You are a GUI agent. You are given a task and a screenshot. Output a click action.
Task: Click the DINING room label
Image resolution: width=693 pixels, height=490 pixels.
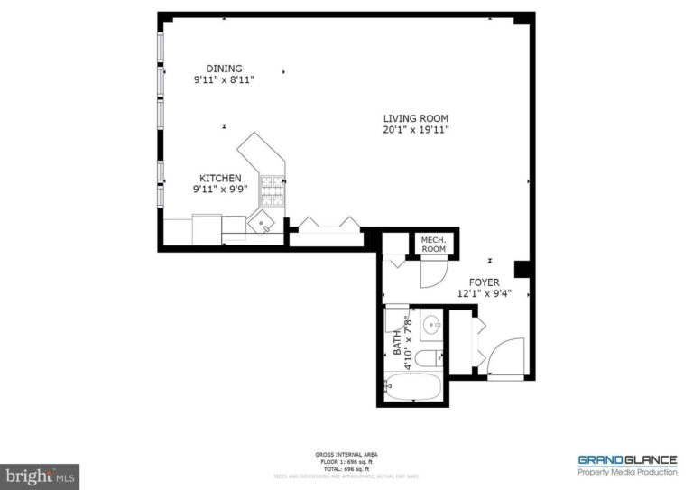click(x=224, y=69)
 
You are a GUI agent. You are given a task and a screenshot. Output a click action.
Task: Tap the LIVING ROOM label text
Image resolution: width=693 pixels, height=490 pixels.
click(x=415, y=118)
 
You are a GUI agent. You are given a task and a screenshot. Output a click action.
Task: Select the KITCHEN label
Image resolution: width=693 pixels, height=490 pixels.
click(x=220, y=179)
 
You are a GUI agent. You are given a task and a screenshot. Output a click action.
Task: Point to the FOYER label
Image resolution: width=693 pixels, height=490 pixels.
click(x=484, y=282)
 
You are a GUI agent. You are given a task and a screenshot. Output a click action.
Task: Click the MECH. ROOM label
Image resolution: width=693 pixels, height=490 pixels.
click(x=434, y=244)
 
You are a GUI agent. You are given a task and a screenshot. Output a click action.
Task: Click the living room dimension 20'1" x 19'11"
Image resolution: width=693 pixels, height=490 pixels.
click(x=415, y=130)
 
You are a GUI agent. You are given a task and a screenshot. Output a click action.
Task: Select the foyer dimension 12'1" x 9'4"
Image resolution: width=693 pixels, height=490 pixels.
click(x=484, y=293)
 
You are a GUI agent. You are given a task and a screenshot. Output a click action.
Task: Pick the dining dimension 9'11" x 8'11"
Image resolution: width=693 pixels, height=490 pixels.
click(x=224, y=80)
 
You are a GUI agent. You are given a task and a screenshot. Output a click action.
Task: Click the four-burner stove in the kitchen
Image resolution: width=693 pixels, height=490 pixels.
click(x=272, y=189)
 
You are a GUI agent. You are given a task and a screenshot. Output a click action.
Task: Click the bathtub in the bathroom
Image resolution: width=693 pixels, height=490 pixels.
click(x=413, y=388)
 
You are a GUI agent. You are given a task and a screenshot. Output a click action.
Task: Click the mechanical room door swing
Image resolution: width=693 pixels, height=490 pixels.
click(x=432, y=271)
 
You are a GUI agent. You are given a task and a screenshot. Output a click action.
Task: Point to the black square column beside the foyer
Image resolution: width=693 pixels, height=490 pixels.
click(x=521, y=269)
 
